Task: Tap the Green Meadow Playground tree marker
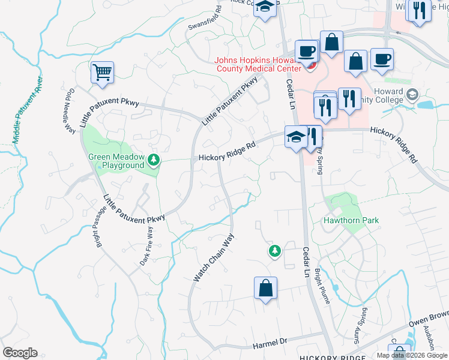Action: [x=154, y=160]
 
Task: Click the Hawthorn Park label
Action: [x=351, y=221]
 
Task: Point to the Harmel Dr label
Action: [x=270, y=342]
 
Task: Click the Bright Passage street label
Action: [x=98, y=227]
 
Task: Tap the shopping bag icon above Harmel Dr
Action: [x=265, y=289]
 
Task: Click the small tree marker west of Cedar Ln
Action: [x=275, y=251]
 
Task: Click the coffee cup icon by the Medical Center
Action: [x=307, y=52]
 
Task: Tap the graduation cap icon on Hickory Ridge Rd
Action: [x=295, y=137]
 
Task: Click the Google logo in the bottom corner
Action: [x=20, y=353]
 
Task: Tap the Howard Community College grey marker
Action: [x=412, y=94]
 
